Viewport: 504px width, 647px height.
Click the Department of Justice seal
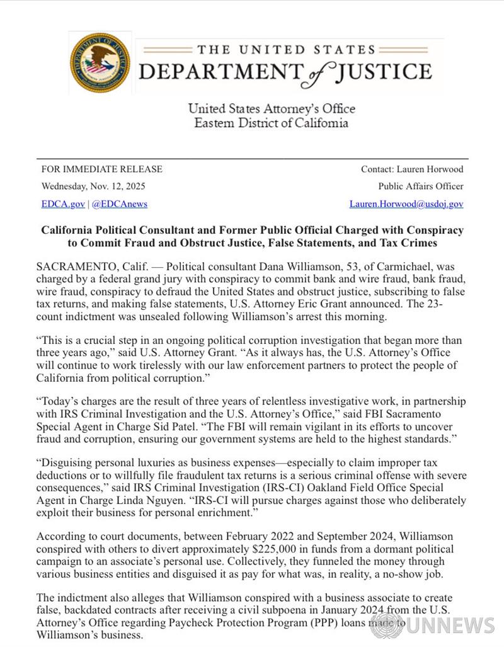pyautogui.click(x=101, y=63)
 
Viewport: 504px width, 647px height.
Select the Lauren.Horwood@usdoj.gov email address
pyautogui.click(x=406, y=204)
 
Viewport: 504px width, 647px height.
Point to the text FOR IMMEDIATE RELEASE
pyautogui.click(x=101, y=169)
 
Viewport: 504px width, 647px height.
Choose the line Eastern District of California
pyautogui.click(x=271, y=123)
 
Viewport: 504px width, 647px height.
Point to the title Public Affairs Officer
pyautogui.click(x=421, y=186)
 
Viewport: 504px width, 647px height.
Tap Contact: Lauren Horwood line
pyautogui.click(x=411, y=169)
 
